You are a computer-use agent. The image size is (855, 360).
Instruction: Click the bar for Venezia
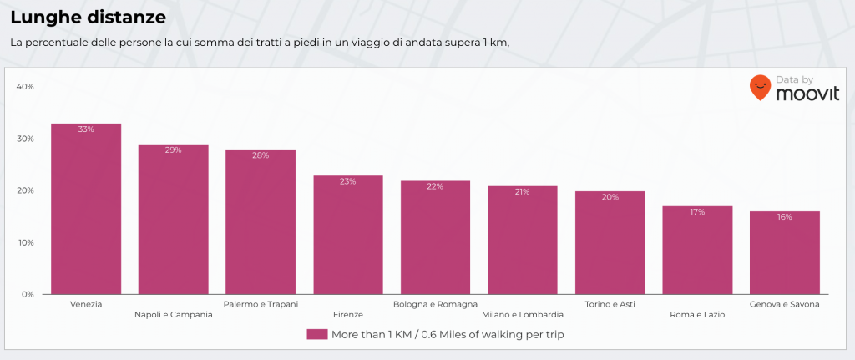coord(86,209)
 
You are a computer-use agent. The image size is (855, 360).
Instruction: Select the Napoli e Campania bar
coord(173,219)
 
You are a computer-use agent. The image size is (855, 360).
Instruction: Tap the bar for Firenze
coord(348,235)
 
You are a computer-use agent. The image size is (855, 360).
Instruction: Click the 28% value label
coord(261,155)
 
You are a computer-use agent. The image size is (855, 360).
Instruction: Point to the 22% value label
coord(435,186)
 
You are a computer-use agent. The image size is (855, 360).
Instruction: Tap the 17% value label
coord(697,212)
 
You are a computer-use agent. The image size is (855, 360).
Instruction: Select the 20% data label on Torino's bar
coord(610,197)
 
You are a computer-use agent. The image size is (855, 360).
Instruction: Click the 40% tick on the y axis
coord(25,87)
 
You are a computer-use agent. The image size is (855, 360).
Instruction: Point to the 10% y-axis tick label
coord(25,242)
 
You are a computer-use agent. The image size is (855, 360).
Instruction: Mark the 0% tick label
coord(27,294)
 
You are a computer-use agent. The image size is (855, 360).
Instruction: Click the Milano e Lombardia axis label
coord(523,315)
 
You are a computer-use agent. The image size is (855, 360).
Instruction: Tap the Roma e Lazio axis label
coord(697,315)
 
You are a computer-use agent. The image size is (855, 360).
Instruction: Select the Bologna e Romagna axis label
coord(435,304)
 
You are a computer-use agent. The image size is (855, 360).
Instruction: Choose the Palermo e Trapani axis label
coord(261,304)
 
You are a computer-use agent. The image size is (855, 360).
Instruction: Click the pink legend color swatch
coord(316,334)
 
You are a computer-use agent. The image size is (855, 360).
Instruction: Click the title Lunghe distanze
coord(88,17)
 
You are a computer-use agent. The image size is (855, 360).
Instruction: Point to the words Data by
coord(794,79)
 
